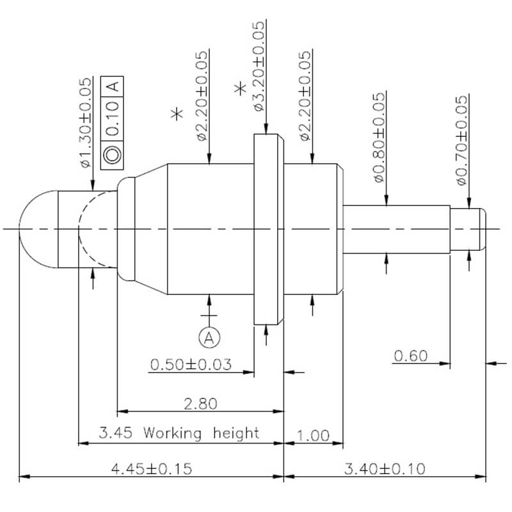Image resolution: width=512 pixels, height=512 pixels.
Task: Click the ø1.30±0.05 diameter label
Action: (86, 122)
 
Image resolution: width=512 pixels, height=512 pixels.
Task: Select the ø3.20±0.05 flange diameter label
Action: (259, 66)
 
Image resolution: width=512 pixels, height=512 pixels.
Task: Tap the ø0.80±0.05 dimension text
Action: (379, 137)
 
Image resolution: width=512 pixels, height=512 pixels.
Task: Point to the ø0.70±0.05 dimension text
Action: (461, 140)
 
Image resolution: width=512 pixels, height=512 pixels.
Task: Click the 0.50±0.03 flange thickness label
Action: (191, 364)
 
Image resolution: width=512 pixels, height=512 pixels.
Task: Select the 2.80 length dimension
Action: (200, 404)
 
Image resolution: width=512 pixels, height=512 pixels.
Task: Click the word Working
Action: (172, 433)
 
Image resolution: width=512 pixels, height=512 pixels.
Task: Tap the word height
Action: (236, 433)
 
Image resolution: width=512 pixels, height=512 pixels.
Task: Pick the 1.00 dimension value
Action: (313, 436)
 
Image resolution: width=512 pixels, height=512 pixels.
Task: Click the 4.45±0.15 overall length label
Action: (152, 469)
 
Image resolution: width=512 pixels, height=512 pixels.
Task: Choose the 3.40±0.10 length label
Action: (385, 469)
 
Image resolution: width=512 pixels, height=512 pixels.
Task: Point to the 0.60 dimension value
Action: (411, 356)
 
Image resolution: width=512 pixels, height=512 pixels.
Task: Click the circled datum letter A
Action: (209, 338)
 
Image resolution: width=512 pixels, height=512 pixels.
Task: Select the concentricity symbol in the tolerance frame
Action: (113, 155)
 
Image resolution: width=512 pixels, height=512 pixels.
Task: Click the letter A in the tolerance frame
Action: (113, 86)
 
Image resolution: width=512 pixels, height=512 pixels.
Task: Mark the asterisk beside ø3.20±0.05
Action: (241, 88)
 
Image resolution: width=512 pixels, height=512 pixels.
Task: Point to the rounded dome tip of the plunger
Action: (38, 229)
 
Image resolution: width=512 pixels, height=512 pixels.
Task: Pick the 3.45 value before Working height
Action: (116, 433)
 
